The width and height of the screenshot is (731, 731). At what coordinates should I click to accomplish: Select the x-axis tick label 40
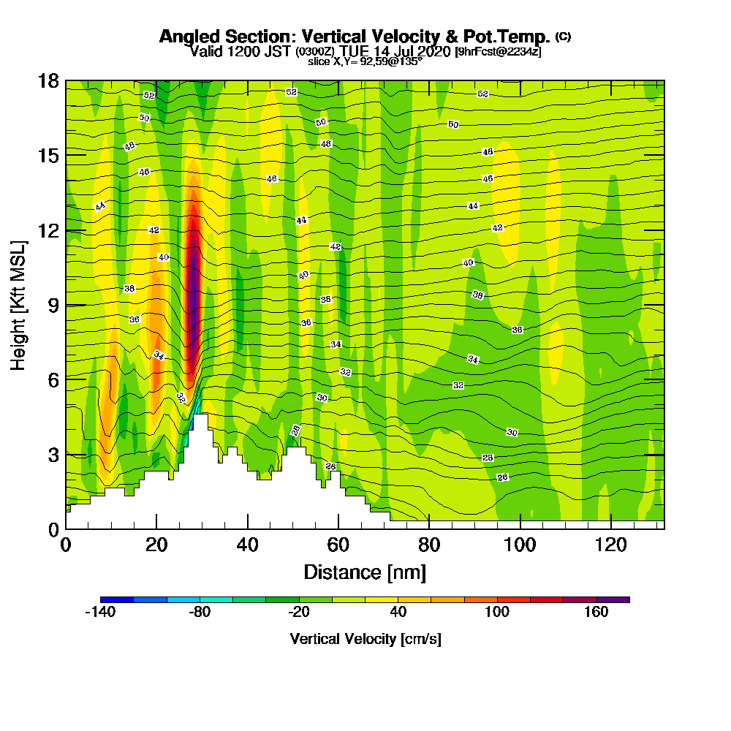(248, 545)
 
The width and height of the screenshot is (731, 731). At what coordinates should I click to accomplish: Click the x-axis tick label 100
(520, 545)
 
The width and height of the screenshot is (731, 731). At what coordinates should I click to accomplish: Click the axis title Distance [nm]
(365, 572)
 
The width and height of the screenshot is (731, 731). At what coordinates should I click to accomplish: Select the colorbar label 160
(596, 613)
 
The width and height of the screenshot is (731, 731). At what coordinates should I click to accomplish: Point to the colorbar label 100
(498, 613)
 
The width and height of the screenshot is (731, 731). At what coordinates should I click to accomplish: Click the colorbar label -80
(200, 613)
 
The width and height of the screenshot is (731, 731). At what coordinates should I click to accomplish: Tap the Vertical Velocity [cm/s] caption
(365, 639)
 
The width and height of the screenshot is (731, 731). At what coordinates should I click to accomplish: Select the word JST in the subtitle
(279, 51)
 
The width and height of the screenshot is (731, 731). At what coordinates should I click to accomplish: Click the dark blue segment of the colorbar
(117, 599)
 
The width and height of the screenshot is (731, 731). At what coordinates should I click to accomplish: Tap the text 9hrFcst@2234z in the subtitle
(498, 51)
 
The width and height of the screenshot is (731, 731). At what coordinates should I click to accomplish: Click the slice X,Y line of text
(365, 62)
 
